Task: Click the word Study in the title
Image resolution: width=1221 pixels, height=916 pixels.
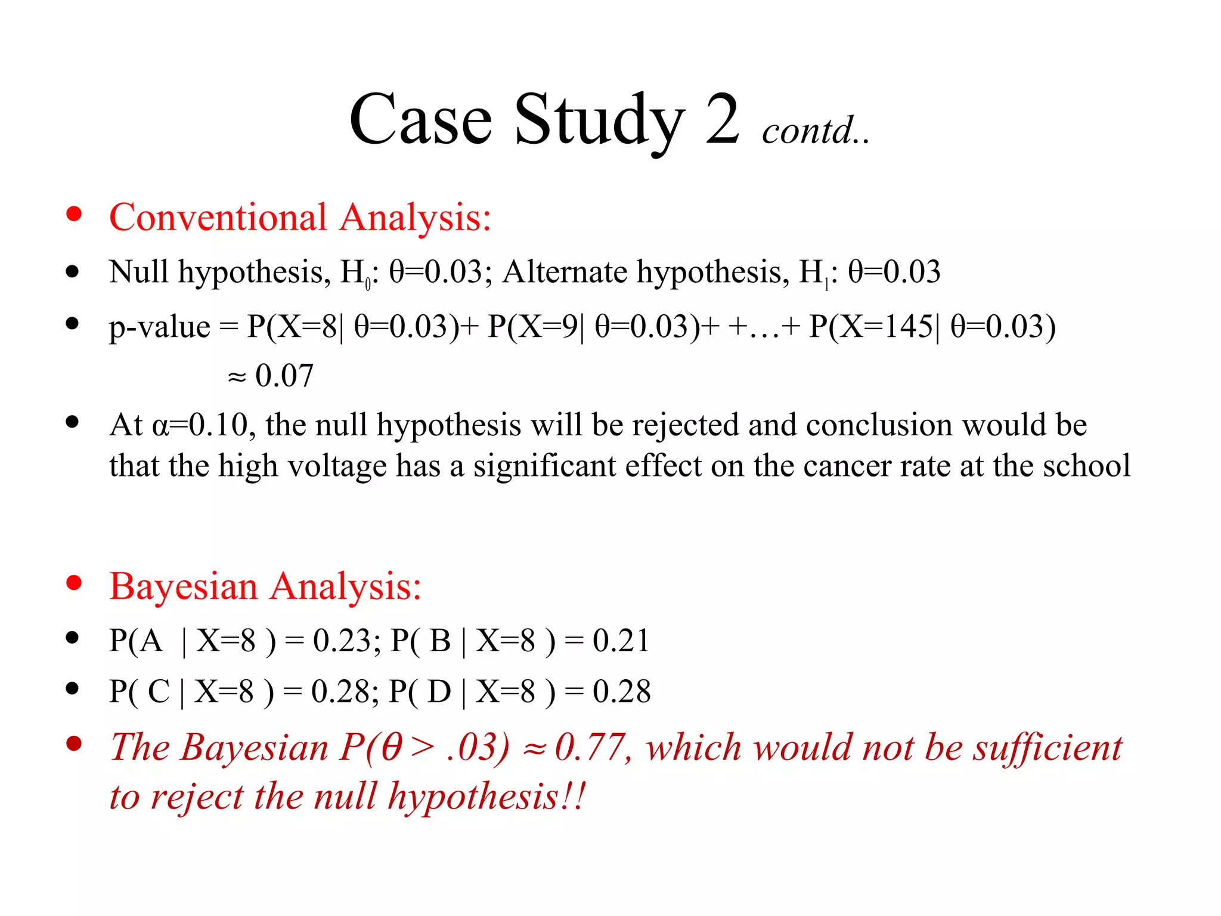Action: point(599,121)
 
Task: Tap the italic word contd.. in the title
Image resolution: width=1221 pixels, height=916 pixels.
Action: point(815,131)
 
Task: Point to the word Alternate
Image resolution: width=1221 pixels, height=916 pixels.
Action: point(565,272)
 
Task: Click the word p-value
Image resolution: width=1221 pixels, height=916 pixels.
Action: point(159,327)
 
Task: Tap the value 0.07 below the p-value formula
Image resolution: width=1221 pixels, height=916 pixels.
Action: point(284,376)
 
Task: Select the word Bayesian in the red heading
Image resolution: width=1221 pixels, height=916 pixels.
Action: point(184,586)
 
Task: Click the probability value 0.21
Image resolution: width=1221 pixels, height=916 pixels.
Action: point(621,641)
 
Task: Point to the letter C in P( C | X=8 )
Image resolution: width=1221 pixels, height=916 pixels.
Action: point(159,692)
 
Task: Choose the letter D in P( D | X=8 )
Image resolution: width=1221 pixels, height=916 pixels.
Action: point(439,692)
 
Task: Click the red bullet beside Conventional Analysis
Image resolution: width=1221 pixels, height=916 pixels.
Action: point(74,214)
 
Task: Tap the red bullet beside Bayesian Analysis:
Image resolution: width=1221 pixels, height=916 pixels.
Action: point(74,583)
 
